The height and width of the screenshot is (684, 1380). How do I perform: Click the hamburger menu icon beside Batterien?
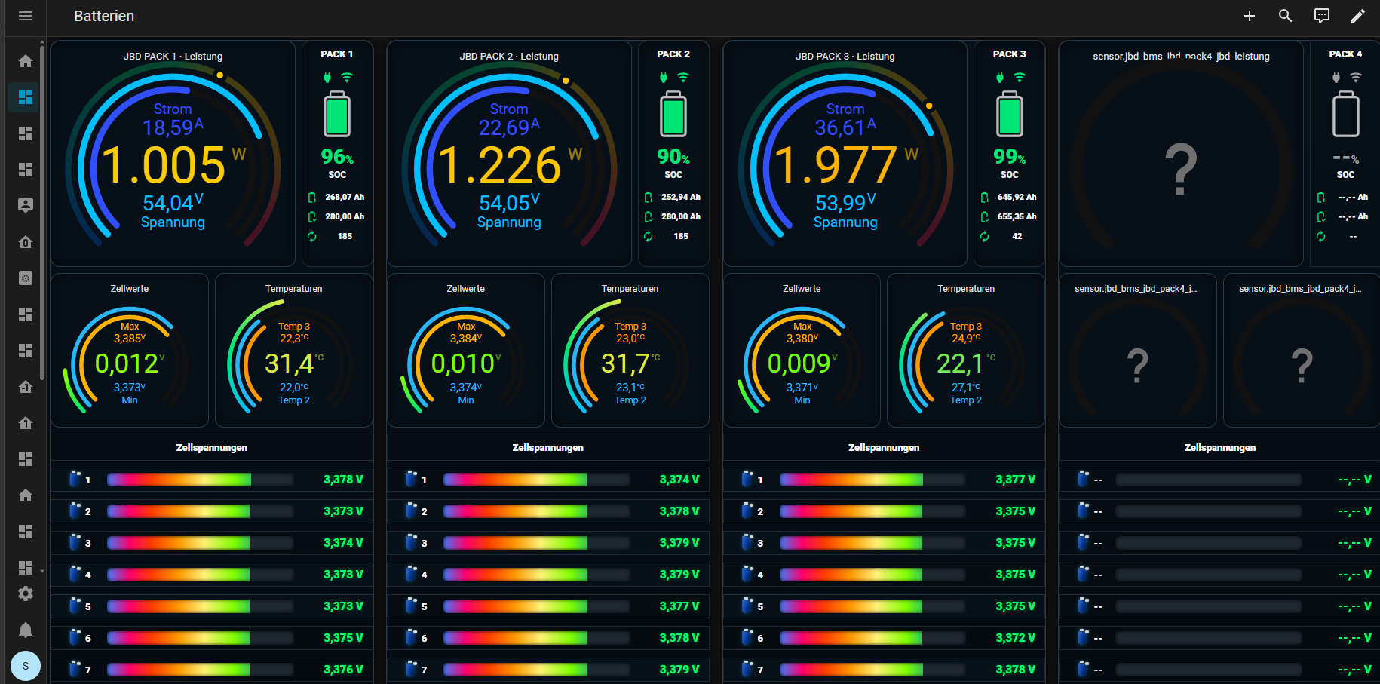[26, 16]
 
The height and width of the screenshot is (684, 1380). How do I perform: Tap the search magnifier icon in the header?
[1286, 16]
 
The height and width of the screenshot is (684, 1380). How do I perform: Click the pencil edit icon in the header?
[1358, 16]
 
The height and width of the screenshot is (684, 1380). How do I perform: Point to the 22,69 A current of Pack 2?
[509, 127]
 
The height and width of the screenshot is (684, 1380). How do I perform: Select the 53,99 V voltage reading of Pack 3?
[845, 202]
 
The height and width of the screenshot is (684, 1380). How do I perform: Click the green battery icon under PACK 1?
[337, 114]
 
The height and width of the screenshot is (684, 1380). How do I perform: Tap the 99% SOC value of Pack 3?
[1010, 157]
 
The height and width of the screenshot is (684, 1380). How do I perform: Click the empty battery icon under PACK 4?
[1346, 114]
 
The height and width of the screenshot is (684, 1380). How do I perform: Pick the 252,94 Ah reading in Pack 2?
[681, 197]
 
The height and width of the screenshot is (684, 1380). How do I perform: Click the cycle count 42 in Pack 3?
[1017, 236]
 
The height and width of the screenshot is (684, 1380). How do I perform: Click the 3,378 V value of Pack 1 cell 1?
[343, 480]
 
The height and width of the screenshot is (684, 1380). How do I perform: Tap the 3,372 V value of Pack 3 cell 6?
[1015, 638]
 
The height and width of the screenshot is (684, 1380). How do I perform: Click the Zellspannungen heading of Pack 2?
[547, 447]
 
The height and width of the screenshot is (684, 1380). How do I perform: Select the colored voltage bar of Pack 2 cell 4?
[515, 575]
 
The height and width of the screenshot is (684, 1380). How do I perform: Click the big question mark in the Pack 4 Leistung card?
[1181, 170]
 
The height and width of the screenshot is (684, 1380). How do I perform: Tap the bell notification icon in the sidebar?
[26, 630]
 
